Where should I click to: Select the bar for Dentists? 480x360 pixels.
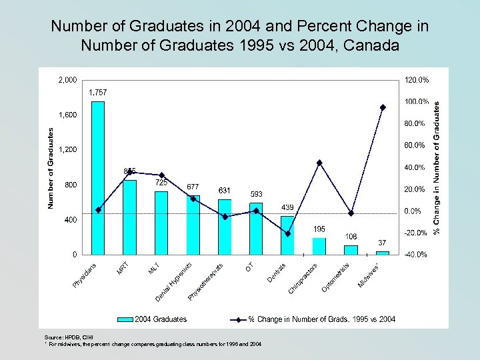click(287, 235)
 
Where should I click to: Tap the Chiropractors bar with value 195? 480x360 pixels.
click(319, 246)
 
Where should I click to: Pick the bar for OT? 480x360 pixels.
click(256, 228)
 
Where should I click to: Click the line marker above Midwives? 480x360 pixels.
click(383, 107)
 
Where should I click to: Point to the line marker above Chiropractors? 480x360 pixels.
click(319, 163)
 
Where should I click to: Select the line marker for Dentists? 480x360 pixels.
click(287, 233)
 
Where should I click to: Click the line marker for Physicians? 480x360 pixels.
click(99, 210)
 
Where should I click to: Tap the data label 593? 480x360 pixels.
click(256, 195)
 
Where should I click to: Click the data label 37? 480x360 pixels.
click(383, 243)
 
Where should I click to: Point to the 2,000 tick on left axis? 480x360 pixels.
click(67, 80)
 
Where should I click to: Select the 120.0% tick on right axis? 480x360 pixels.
click(417, 80)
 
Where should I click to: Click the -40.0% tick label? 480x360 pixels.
click(417, 255)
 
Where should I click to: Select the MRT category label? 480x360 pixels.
click(123, 269)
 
